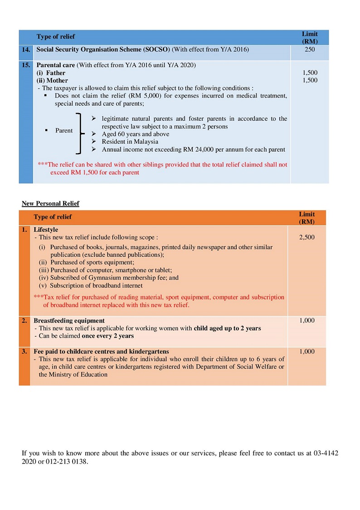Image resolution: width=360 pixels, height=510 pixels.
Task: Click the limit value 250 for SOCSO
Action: coord(310,49)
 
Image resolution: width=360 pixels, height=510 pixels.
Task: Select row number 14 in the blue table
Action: coord(26,49)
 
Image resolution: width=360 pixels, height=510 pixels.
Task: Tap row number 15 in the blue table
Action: coord(26,65)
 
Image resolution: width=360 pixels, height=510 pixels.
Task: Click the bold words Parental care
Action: coord(56,65)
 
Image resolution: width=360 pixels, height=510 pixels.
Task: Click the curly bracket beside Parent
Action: coord(81,134)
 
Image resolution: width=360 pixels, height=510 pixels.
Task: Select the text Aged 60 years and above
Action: coord(135,134)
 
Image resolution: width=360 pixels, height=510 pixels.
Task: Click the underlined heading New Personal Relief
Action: coord(50,204)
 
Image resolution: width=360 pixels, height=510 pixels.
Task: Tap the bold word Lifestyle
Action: coord(46,230)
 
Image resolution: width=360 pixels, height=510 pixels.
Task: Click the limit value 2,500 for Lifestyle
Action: coord(307,237)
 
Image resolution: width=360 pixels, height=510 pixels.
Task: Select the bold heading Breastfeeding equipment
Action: coord(69,320)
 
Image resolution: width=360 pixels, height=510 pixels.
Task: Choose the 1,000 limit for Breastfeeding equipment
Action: coord(307,320)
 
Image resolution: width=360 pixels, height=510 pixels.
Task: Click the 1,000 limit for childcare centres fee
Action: coord(307,351)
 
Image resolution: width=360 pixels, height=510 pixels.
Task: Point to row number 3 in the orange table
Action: coord(24,351)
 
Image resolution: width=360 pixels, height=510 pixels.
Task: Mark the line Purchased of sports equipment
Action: coord(92,262)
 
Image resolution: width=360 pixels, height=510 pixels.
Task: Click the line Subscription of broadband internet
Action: coord(96,285)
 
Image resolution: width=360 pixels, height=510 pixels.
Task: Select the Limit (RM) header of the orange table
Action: coord(306,218)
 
